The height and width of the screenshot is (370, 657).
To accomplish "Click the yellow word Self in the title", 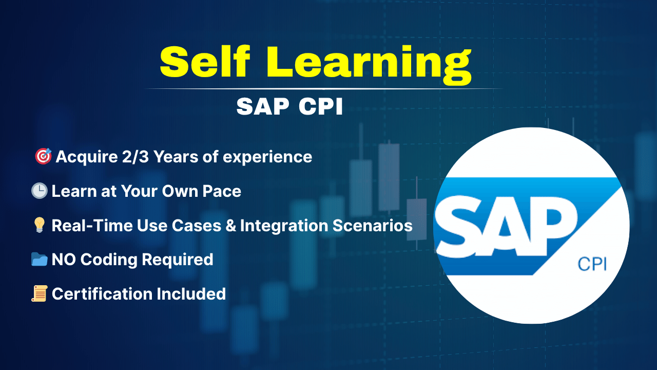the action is (205, 62).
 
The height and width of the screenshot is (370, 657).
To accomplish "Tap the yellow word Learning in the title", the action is (369, 65).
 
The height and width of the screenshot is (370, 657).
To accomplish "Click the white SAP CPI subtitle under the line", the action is (289, 106).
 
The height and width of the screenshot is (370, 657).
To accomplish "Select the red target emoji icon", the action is (43, 156).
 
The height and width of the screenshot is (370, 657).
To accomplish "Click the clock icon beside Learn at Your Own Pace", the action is (40, 191).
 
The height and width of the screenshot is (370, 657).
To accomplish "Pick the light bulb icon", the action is (40, 225).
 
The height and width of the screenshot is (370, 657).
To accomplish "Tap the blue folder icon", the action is (40, 260).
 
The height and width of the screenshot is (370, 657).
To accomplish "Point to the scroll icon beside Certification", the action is (40, 293).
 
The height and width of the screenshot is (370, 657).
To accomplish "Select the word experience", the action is (267, 158).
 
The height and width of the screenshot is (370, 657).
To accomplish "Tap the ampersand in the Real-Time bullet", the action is (231, 226).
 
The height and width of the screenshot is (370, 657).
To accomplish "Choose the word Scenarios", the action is (373, 226).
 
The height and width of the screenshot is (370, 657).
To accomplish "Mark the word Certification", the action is (102, 294).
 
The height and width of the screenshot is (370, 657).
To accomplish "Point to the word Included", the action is (191, 294).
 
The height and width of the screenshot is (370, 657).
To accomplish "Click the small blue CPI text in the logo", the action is (592, 264).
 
